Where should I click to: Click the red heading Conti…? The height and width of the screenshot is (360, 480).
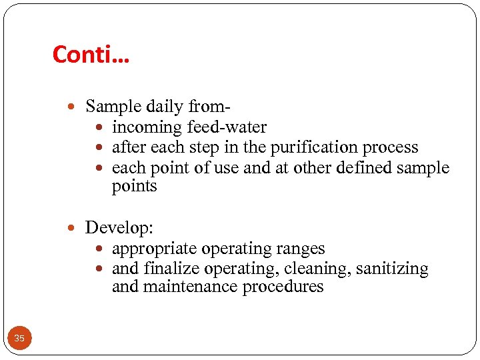(91, 54)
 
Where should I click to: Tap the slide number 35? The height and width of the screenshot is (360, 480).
(19, 339)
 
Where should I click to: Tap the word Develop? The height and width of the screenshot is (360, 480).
(119, 228)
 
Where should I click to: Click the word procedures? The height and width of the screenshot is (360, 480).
(283, 287)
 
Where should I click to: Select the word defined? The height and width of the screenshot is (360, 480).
(361, 167)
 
